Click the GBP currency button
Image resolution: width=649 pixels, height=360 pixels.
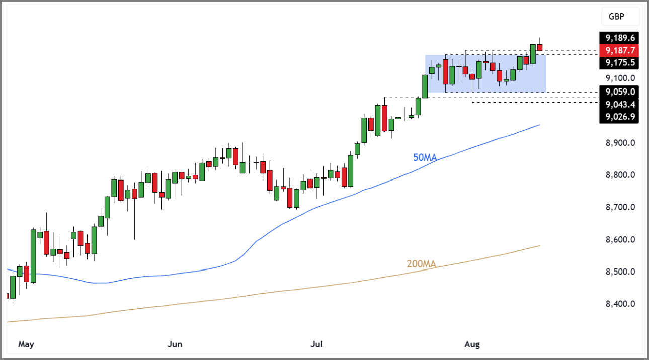tap(620, 17)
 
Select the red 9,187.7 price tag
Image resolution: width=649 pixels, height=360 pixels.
tap(621, 50)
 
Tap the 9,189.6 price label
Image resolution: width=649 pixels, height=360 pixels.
tap(621, 38)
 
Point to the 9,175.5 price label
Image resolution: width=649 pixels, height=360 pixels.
tap(621, 63)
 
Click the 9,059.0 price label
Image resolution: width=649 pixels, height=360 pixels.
tap(621, 92)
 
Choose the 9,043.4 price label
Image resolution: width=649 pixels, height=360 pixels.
tap(621, 104)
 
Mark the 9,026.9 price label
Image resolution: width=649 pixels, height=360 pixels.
tap(621, 117)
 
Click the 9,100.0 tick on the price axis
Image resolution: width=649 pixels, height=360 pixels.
tap(621, 78)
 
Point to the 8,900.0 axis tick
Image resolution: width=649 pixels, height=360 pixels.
tap(621, 143)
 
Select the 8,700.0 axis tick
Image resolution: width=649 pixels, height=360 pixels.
tap(621, 207)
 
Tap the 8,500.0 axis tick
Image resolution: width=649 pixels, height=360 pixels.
tap(621, 272)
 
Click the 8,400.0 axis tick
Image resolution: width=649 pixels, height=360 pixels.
tap(621, 304)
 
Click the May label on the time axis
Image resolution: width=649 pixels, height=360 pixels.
tap(26, 344)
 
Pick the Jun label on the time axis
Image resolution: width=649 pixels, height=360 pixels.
tap(174, 344)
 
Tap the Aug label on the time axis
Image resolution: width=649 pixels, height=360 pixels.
tap(472, 344)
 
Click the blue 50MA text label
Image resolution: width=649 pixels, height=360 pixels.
tap(425, 157)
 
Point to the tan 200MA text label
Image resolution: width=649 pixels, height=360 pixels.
tap(421, 264)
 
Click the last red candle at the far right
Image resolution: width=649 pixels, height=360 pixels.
tap(540, 47)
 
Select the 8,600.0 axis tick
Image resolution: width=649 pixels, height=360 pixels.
tap(621, 239)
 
